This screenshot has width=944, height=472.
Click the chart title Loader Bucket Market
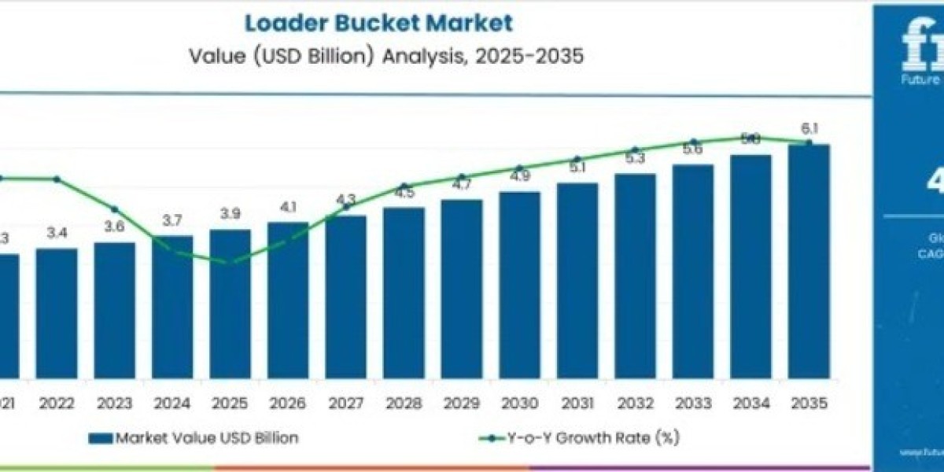click(x=378, y=22)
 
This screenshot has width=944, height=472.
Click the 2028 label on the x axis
click(x=404, y=404)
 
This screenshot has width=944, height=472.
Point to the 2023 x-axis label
click(x=114, y=404)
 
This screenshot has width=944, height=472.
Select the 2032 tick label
click(x=635, y=404)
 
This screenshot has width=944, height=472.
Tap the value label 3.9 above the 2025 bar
click(x=230, y=215)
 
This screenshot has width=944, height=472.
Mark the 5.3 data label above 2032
click(x=635, y=158)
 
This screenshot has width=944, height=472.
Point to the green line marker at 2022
click(x=57, y=179)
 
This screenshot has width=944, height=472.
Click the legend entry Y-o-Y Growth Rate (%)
click(x=578, y=438)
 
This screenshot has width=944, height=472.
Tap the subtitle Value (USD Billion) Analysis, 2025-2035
click(x=387, y=57)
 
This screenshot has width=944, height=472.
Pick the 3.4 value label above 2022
click(x=57, y=234)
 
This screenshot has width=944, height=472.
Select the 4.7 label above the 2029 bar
click(x=462, y=185)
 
